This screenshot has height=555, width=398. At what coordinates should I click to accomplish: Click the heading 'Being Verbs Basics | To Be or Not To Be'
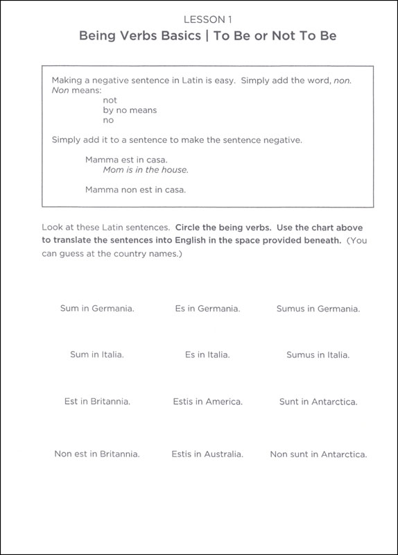(x=199, y=36)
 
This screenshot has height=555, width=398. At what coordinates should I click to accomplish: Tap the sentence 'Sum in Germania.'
(x=97, y=308)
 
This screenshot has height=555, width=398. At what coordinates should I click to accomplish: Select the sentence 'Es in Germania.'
(x=207, y=308)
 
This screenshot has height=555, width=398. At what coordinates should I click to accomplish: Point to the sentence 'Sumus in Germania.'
(x=318, y=308)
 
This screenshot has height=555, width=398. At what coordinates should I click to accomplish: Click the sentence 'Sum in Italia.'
(x=97, y=355)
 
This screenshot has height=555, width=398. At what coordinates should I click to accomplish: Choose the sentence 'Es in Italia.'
(x=207, y=355)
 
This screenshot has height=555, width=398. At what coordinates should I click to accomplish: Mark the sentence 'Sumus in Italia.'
(x=318, y=355)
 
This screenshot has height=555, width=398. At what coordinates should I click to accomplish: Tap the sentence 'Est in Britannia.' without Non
(x=97, y=401)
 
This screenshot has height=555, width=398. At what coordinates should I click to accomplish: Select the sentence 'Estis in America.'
(x=207, y=401)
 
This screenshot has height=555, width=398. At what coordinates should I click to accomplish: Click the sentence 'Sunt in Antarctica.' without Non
(x=318, y=401)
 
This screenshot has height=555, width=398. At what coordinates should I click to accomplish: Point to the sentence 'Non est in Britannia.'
(x=97, y=454)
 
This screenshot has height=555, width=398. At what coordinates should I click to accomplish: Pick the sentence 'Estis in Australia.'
(x=207, y=454)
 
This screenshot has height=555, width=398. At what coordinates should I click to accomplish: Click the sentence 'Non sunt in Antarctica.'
(x=318, y=454)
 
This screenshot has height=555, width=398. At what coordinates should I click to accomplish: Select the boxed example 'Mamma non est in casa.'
(x=135, y=189)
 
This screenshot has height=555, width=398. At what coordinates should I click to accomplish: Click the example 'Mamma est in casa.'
(x=126, y=160)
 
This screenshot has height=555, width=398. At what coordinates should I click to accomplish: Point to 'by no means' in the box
(x=130, y=110)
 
